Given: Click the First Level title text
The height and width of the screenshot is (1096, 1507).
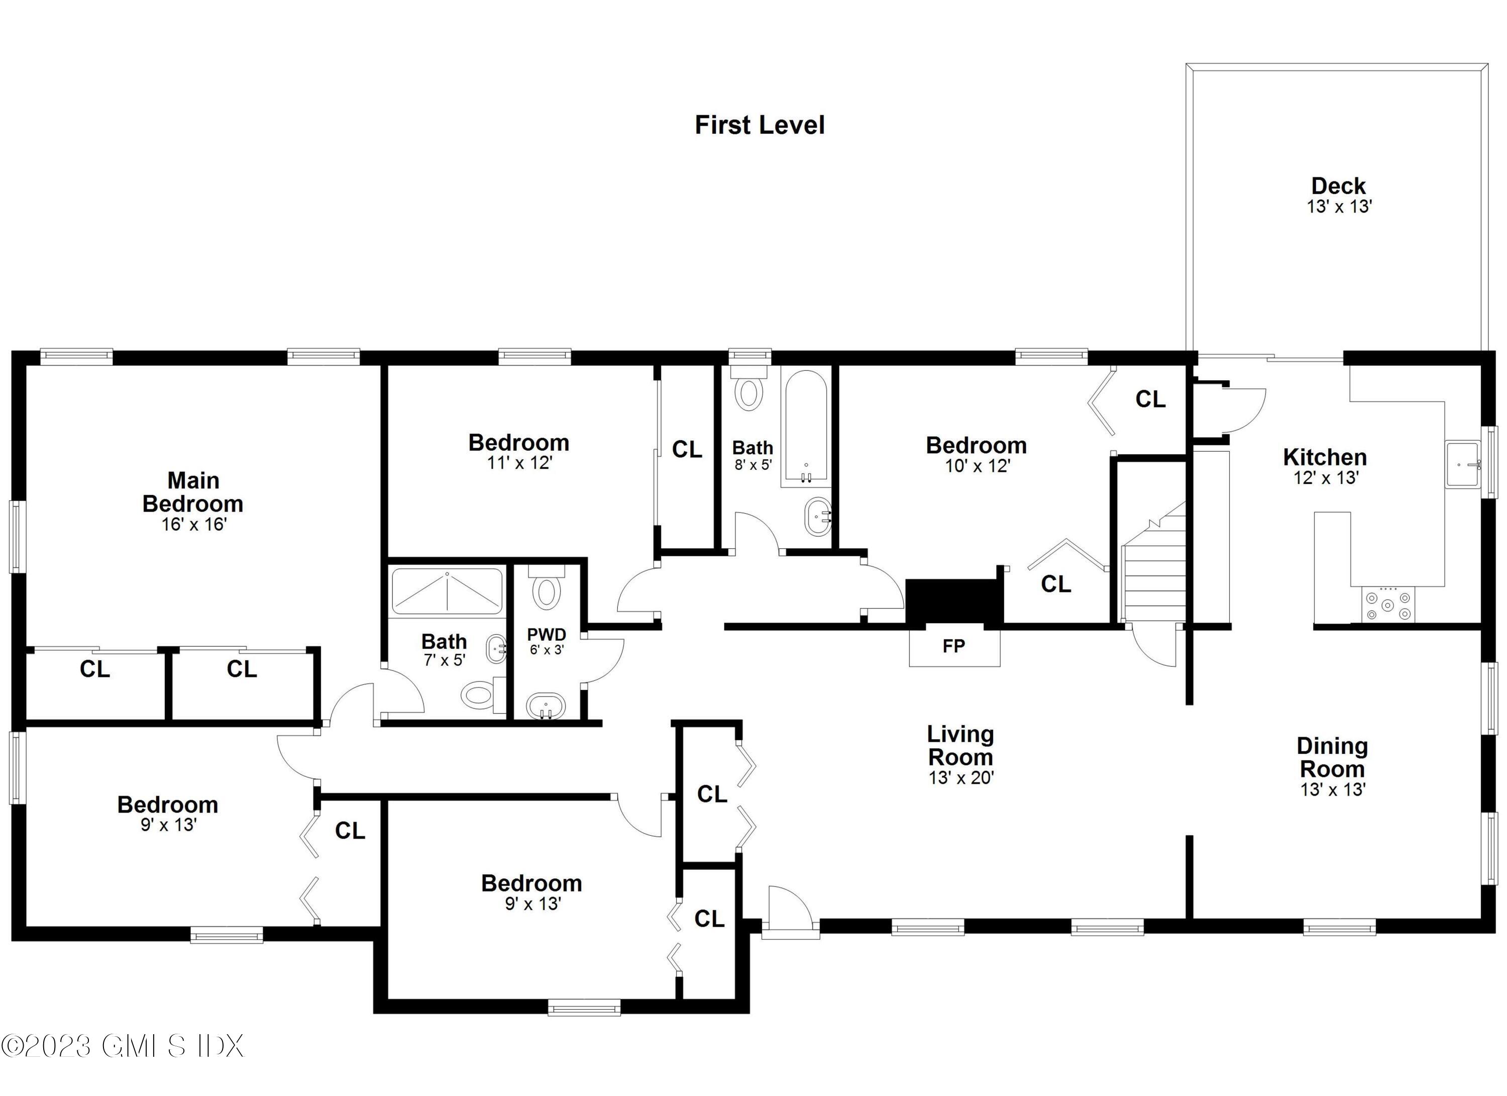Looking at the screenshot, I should click(x=760, y=125).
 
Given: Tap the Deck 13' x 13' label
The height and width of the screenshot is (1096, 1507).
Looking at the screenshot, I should click(x=1339, y=195).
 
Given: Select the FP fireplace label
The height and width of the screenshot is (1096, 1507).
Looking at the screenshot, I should click(x=953, y=646).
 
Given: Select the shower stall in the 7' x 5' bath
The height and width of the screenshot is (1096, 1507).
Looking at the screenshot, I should click(x=447, y=591).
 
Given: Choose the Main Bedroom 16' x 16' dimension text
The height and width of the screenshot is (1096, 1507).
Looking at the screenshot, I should click(x=194, y=525).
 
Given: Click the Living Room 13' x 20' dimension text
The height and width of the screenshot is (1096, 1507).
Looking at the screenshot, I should click(x=961, y=777).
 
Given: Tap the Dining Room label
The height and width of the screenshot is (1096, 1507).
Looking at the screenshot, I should click(x=1332, y=758).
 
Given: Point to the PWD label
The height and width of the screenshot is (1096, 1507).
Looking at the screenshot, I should click(x=546, y=635).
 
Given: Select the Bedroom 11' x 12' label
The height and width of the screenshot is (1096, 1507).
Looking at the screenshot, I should click(x=519, y=452).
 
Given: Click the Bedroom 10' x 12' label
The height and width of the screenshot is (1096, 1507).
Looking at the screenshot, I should click(x=976, y=455).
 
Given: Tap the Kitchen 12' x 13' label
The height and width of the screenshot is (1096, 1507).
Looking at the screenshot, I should click(x=1325, y=466).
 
